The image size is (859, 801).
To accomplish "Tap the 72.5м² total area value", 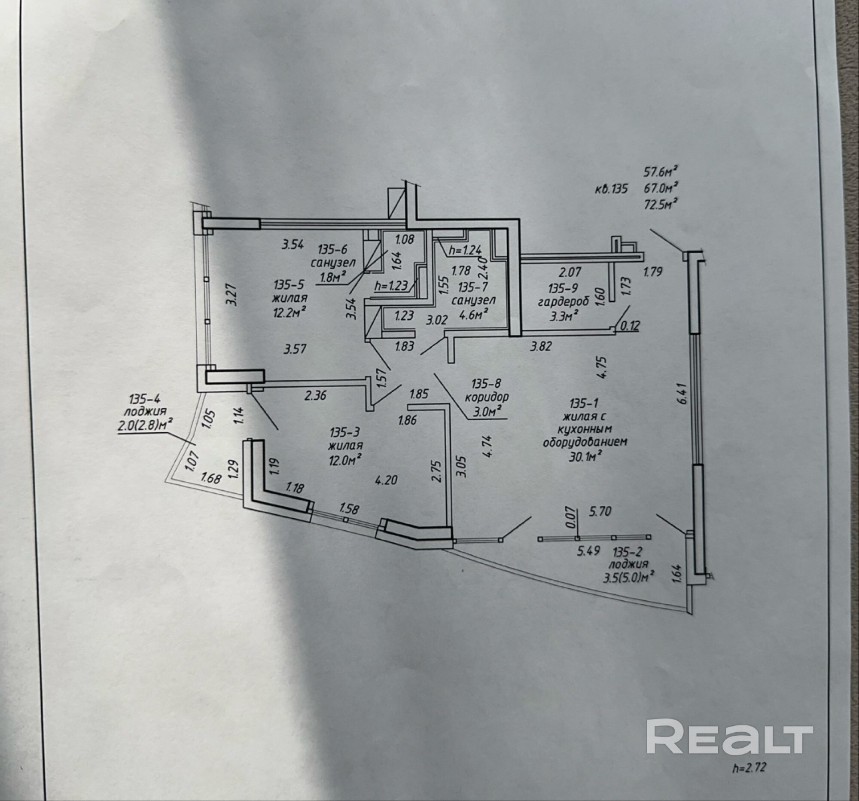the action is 660,204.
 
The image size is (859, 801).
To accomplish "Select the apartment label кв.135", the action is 611,189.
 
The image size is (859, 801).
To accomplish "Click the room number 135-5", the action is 289,284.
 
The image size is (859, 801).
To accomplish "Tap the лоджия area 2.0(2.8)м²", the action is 143,426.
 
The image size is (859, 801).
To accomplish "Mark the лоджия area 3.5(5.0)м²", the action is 628,577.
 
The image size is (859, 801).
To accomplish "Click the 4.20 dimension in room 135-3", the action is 386,480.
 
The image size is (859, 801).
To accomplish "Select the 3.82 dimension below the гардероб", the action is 541,346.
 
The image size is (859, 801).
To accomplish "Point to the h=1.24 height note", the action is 464,249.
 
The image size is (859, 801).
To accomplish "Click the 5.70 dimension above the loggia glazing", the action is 600,512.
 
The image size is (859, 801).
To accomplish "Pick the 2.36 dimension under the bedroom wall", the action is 315,395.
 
